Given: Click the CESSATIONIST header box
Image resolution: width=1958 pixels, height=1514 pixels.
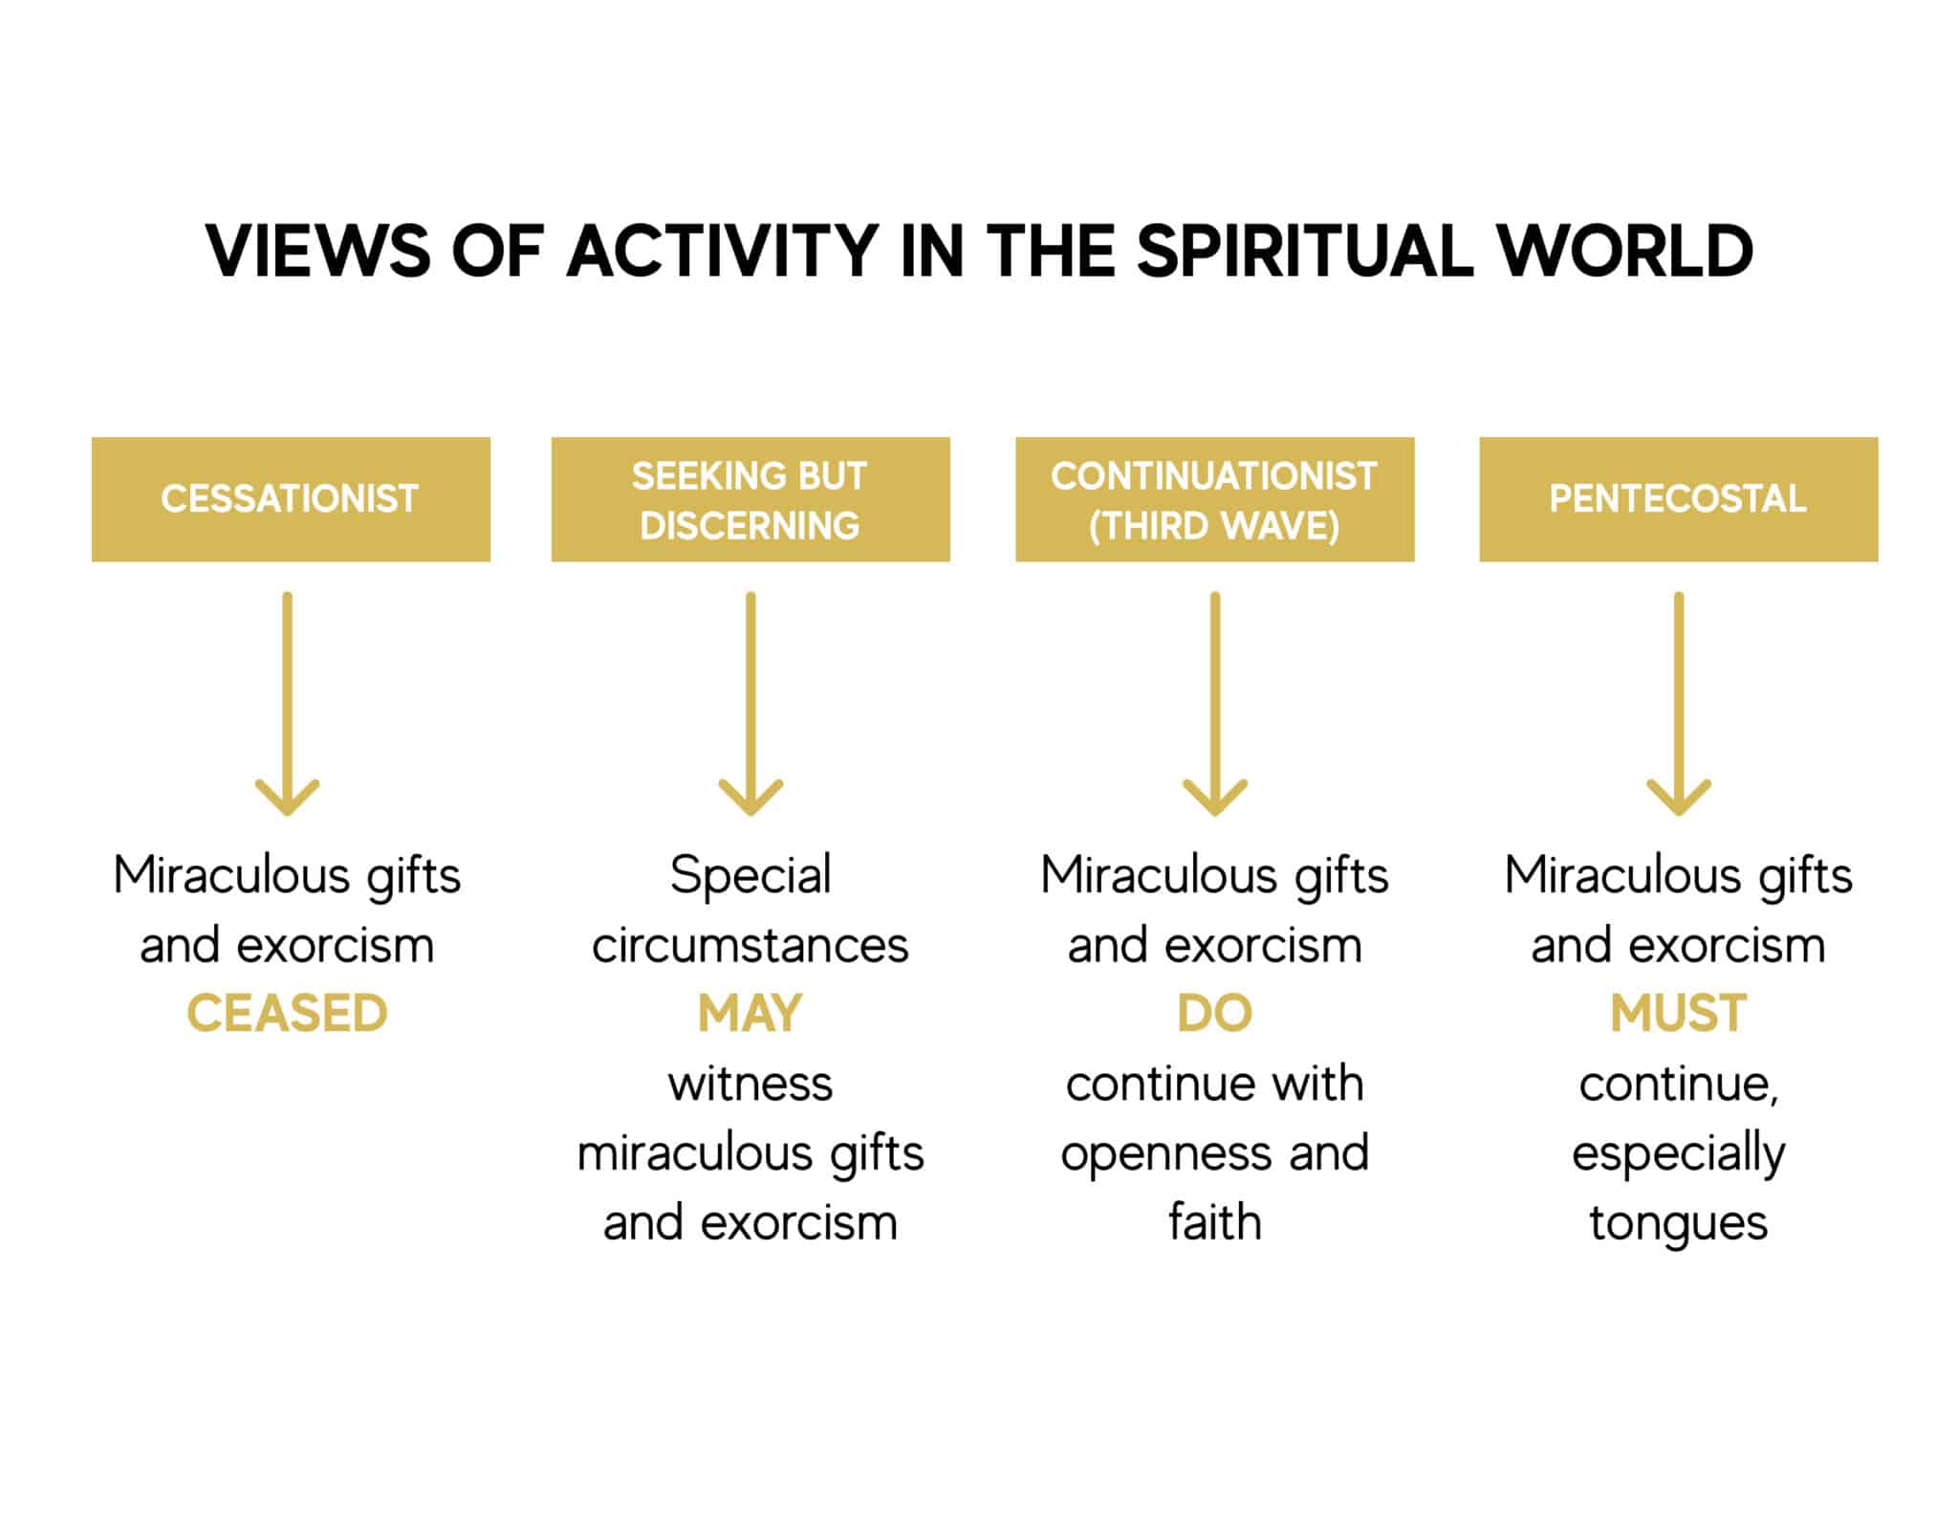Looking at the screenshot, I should [291, 499].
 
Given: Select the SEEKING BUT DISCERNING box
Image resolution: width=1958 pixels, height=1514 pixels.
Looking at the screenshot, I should [751, 499].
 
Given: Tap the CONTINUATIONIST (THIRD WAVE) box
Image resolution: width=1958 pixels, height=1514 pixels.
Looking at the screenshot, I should [1214, 499].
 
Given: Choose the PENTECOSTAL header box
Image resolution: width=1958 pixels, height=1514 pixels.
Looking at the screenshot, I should [1678, 499].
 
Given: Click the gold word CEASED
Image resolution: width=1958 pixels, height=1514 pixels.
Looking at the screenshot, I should [287, 1014].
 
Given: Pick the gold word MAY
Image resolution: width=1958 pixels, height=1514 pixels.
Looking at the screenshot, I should [751, 1014].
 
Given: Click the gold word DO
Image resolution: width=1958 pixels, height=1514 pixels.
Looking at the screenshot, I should [1214, 1014].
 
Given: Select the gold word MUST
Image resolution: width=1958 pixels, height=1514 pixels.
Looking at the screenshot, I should [1678, 1014].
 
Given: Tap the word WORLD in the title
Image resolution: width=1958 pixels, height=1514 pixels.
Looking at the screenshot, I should [1624, 252].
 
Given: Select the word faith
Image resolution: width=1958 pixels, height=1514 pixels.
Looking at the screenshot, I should [1214, 1222].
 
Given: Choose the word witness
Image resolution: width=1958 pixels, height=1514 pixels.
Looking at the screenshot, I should [751, 1084].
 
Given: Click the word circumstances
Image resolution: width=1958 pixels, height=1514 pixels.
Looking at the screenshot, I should [751, 946].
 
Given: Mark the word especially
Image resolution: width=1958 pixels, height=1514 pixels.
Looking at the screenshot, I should [1678, 1154].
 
